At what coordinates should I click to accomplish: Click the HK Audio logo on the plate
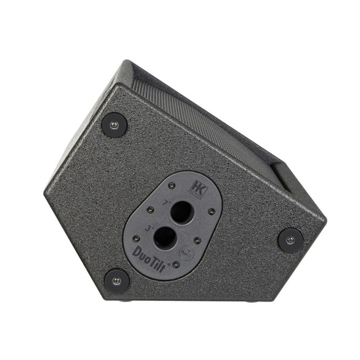point(198,188)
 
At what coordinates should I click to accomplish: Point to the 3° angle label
point(149,227)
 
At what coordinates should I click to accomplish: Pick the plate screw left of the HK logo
point(172,186)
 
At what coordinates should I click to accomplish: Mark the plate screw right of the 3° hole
point(197,240)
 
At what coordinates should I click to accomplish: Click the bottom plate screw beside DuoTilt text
point(176,265)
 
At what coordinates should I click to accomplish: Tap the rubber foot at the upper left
point(115,125)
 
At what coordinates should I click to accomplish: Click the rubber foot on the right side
point(290,239)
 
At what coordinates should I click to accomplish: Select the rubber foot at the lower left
point(117,281)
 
